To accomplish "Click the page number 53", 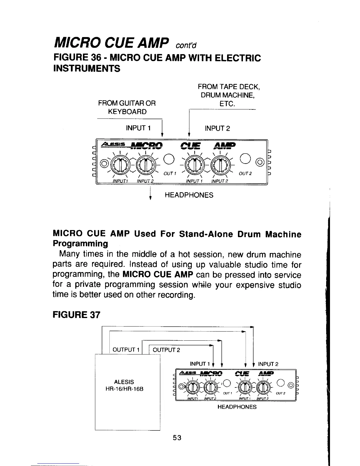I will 177,437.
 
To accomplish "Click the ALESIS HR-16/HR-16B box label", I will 124,385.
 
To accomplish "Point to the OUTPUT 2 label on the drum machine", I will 166,350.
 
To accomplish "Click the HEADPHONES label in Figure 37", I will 237,407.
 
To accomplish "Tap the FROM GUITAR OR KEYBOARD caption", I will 127,107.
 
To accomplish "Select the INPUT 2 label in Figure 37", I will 268,364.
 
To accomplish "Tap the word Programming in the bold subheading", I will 80,244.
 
